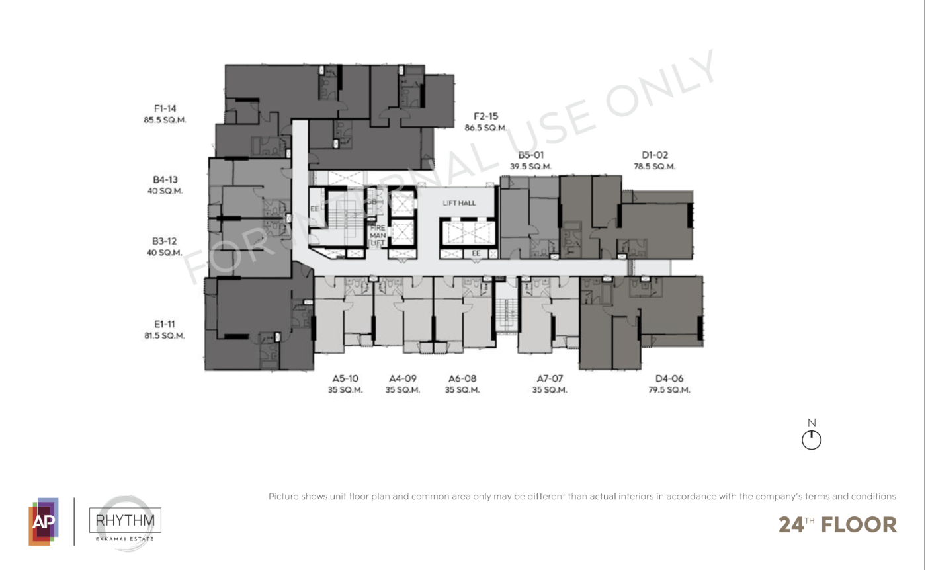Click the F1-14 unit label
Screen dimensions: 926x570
pyautogui.click(x=165, y=108)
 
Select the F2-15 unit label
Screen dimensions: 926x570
pyautogui.click(x=485, y=116)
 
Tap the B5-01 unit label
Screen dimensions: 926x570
pyautogui.click(x=530, y=155)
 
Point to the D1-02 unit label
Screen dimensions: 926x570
pyautogui.click(x=655, y=155)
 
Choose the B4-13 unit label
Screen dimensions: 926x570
pyautogui.click(x=165, y=179)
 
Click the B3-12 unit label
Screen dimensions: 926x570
pyautogui.click(x=165, y=241)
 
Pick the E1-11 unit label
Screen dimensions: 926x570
pyautogui.click(x=165, y=324)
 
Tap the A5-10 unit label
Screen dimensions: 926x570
pyautogui.click(x=345, y=378)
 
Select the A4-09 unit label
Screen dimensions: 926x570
pyautogui.click(x=403, y=378)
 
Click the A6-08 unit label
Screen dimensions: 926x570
pyautogui.click(x=462, y=378)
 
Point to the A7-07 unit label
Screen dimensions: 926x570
pyautogui.click(x=550, y=378)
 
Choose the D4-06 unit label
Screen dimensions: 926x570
pyautogui.click(x=669, y=378)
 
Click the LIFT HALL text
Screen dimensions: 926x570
pyautogui.click(x=459, y=203)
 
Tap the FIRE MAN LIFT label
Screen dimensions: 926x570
pyautogui.click(x=378, y=235)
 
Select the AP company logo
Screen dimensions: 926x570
pyautogui.click(x=44, y=521)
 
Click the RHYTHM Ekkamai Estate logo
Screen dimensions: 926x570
pyautogui.click(x=125, y=523)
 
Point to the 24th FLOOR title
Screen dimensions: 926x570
pyautogui.click(x=837, y=524)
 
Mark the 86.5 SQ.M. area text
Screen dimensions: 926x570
pyautogui.click(x=485, y=128)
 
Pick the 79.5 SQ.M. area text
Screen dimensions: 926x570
pyautogui.click(x=669, y=389)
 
